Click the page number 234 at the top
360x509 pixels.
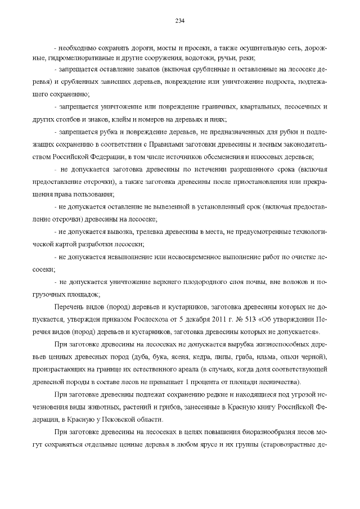[x=180, y=21]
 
